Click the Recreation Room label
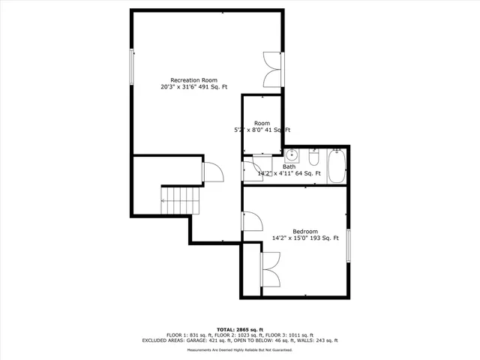point(193,80)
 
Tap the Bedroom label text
point(305,231)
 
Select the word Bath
point(289,166)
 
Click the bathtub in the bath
point(337,166)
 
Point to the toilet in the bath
point(314,159)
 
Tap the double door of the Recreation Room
point(271,70)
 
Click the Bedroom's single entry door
point(250,222)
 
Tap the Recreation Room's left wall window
point(133,66)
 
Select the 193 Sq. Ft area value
point(325,238)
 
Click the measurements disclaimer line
point(240,350)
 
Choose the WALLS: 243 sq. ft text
point(316,340)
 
